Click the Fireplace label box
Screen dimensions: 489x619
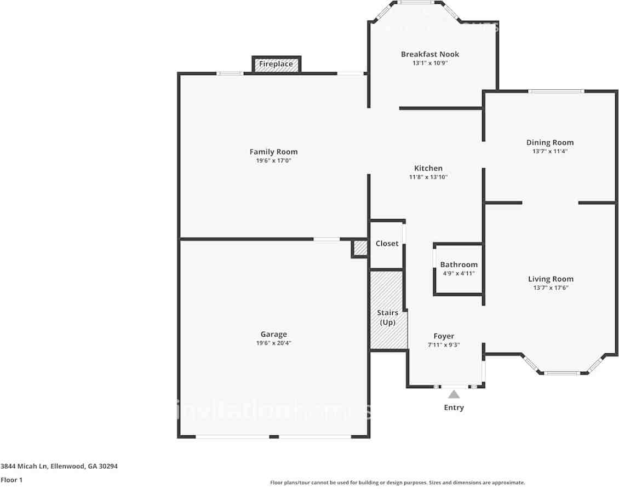[276, 65]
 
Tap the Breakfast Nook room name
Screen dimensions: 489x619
[429, 54]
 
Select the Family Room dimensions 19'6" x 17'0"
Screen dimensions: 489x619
[273, 161]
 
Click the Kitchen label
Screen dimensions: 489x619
[428, 168]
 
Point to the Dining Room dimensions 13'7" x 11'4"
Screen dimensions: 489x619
[549, 152]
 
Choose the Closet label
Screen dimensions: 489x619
[387, 243]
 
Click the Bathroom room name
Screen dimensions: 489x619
[458, 264]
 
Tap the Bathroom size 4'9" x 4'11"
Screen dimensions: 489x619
[458, 273]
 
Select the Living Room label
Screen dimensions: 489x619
[551, 279]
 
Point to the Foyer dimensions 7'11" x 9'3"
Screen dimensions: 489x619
[443, 345]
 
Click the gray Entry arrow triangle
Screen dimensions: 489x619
[454, 394]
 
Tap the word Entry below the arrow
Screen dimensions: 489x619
[454, 407]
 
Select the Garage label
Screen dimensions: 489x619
[273, 334]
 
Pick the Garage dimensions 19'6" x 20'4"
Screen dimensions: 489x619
[273, 343]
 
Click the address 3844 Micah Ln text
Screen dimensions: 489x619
[59, 467]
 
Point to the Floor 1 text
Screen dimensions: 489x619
[12, 480]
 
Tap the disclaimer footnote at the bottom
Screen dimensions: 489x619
[397, 482]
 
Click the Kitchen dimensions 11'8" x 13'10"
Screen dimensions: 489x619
[428, 177]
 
